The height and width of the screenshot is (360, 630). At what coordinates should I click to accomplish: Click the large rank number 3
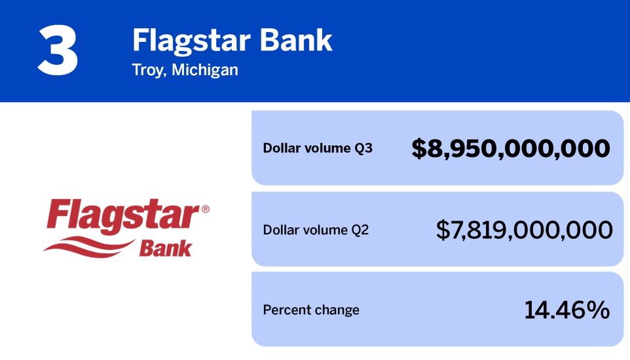point(58,52)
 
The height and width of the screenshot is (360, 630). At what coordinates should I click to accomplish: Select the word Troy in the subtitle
point(146,69)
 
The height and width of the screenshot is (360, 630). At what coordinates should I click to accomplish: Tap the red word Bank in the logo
point(165,249)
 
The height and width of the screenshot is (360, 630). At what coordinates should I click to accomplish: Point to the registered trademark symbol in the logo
point(205,209)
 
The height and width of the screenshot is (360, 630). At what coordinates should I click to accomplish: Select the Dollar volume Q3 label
point(318,148)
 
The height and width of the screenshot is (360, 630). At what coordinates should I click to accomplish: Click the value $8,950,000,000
point(511,149)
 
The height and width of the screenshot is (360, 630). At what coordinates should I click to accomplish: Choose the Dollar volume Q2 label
point(316,230)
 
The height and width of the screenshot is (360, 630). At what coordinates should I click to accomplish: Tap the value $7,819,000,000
point(524,230)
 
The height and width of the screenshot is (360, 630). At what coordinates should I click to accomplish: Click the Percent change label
point(311,310)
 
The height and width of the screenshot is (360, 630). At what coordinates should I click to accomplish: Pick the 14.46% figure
point(566,310)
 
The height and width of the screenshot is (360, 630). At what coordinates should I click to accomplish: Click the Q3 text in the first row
point(363,148)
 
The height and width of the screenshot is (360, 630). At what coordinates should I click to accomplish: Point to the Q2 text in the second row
point(360,230)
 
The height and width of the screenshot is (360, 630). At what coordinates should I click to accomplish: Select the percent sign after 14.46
point(597,310)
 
